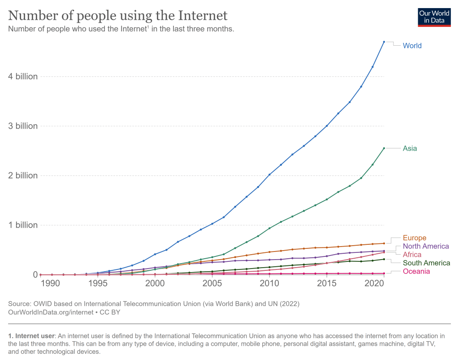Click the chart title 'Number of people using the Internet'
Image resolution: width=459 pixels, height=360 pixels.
tap(118, 16)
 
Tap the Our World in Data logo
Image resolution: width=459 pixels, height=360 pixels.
tap(434, 17)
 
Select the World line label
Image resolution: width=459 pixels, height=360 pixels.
tap(412, 46)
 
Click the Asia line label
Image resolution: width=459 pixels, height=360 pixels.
tap(410, 148)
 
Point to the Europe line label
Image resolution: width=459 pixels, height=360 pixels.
tap(414, 238)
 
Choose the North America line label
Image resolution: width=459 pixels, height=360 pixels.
tap(425, 246)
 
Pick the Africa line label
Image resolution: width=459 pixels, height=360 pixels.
tap(412, 255)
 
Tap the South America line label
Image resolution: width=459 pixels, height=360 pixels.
tap(426, 263)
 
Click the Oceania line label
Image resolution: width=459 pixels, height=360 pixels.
tap(416, 271)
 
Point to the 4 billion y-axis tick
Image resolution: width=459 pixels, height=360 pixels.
tap(23, 77)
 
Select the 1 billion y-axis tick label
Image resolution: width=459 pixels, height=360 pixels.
tap(23, 225)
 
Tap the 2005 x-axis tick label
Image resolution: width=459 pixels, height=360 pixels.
tap(212, 283)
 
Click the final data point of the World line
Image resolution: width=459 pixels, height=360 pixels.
tap(384, 42)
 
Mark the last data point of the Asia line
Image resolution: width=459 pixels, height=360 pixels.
tap(384, 148)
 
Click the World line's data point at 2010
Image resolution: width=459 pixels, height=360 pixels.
tap(269, 174)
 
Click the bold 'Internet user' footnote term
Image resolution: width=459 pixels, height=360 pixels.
tap(34, 336)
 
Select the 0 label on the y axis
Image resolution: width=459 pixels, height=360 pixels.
tap(35, 274)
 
